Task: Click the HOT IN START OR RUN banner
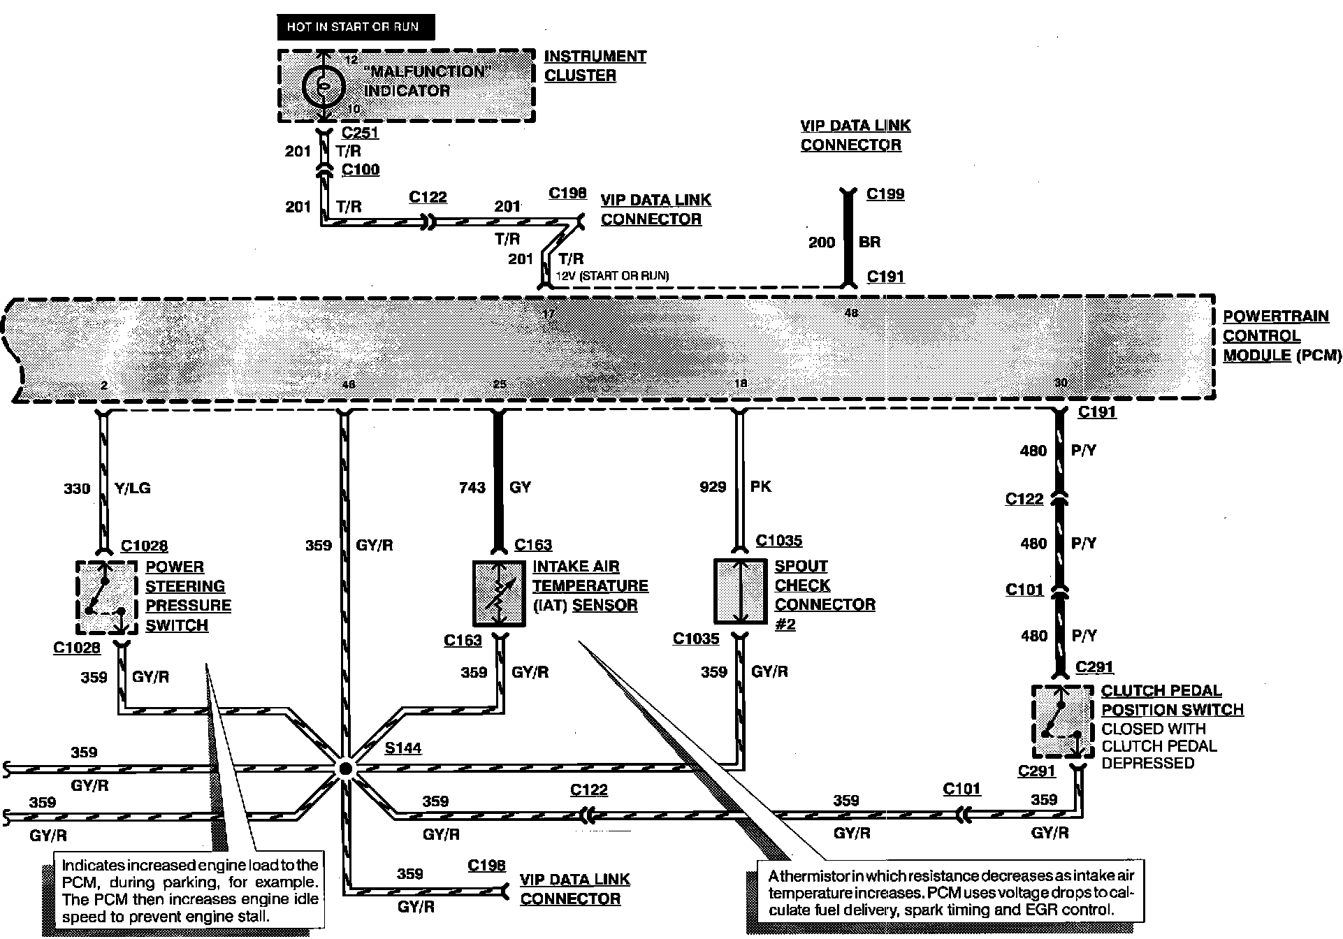pos(356,27)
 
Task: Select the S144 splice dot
pos(344,769)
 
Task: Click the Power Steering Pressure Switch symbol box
pos(106,597)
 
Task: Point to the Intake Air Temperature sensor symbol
pos(499,593)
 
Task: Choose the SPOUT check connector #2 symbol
pos(740,591)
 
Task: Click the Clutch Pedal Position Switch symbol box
pos(1062,722)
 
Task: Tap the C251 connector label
pos(360,133)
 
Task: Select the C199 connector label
pos(885,194)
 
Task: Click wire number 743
pos(472,488)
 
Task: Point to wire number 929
pos(713,487)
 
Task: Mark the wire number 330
pos(77,488)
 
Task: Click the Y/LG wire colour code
pos(131,488)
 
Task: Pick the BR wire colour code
pos(870,242)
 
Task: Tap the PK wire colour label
pos(761,486)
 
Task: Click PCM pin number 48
pos(851,313)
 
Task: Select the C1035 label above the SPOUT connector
pos(779,540)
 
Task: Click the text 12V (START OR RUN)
pos(612,275)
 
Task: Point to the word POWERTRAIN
pos(1275,316)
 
